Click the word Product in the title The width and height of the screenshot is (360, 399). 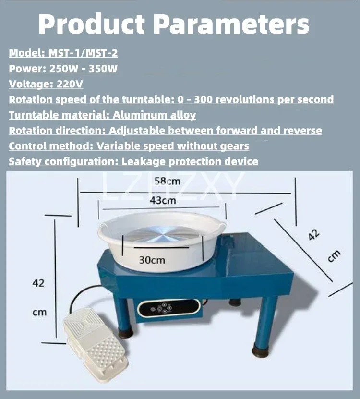pyautogui.click(x=91, y=24)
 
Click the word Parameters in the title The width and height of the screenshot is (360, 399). pyautogui.click(x=231, y=24)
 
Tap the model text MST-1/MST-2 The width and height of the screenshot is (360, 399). pyautogui.click(x=83, y=53)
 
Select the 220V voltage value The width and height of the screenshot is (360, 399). pyautogui.click(x=70, y=84)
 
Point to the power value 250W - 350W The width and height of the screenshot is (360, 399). pyautogui.click(x=84, y=69)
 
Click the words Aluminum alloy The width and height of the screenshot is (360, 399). pyautogui.click(x=154, y=115)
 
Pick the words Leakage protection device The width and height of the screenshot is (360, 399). pyautogui.click(x=190, y=162)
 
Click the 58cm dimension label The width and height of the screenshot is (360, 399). pyautogui.click(x=168, y=181)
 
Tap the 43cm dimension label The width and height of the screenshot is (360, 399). pyautogui.click(x=163, y=201)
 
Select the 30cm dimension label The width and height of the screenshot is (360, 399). pyautogui.click(x=152, y=260)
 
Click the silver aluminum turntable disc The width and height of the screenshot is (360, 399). pyautogui.click(x=163, y=234)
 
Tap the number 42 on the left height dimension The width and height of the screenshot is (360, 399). pyautogui.click(x=38, y=283)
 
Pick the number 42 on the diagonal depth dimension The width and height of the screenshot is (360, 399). pyautogui.click(x=313, y=235)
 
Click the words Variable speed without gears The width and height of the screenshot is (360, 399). pyautogui.click(x=173, y=146)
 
